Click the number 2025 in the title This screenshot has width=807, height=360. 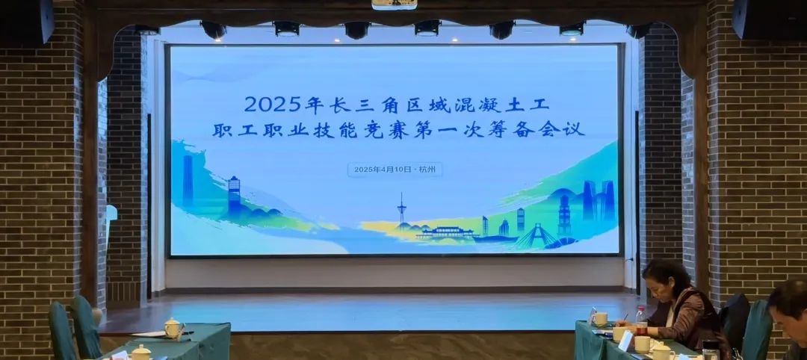273,105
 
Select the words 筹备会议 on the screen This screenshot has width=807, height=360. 540,129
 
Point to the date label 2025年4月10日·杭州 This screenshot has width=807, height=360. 395,170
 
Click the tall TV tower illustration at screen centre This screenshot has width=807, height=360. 401,210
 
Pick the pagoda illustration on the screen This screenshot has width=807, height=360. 565,216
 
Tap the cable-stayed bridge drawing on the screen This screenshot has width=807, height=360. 537,236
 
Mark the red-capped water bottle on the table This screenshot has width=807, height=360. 640,318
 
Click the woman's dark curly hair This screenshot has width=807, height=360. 667,279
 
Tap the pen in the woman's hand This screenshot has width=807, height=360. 624,318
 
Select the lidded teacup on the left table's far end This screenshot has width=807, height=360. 173,328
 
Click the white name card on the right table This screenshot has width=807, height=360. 625,341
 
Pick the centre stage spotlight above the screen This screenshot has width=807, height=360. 357,30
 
